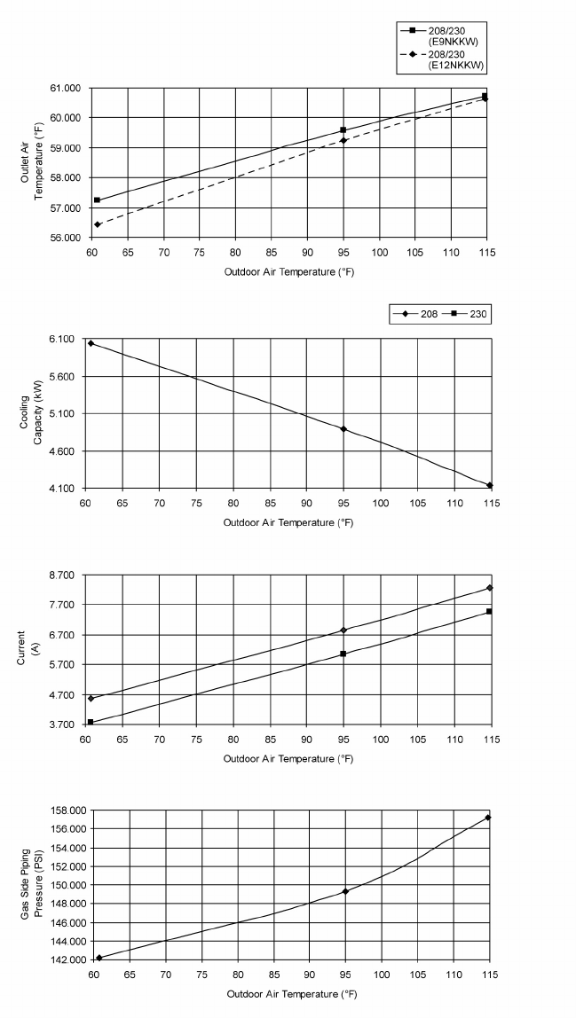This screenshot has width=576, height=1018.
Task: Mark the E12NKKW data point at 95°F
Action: pos(343,140)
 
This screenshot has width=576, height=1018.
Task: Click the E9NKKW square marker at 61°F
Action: pos(97,200)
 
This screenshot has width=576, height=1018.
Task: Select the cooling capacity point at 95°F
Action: pos(343,429)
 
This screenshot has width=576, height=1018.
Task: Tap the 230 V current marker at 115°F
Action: pos(489,611)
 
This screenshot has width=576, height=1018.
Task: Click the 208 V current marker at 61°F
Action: pos(91,699)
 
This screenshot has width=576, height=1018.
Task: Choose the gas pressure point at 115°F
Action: pos(488,818)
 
